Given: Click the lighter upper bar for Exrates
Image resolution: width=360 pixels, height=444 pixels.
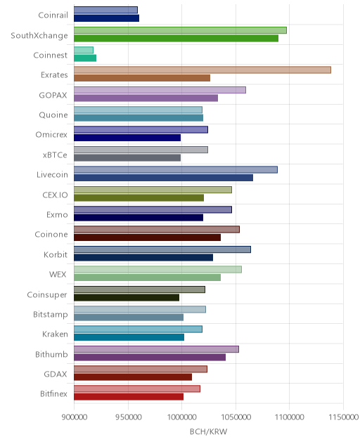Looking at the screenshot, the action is click(x=202, y=70).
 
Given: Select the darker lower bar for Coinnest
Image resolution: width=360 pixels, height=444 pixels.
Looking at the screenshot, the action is click(x=85, y=58).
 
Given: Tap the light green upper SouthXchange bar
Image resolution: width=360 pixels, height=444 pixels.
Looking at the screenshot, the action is click(x=180, y=30).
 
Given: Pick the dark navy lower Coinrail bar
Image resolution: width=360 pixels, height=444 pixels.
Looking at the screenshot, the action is click(x=107, y=18).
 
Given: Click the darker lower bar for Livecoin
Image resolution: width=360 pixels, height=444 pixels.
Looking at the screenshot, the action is click(x=164, y=178).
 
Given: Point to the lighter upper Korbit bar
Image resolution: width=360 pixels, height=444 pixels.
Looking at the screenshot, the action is click(x=162, y=249).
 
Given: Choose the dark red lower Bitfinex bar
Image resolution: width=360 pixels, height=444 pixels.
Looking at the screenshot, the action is click(x=129, y=397).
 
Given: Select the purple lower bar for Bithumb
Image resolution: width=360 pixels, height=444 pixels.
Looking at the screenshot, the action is click(x=150, y=357).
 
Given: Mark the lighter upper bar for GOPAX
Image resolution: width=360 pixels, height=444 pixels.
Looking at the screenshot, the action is click(x=160, y=90).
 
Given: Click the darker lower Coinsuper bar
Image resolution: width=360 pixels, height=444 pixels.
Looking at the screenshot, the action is click(x=127, y=297).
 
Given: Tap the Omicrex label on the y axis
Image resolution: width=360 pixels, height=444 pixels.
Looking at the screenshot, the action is click(x=51, y=134).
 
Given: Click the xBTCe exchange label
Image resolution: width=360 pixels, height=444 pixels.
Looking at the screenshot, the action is click(x=55, y=155).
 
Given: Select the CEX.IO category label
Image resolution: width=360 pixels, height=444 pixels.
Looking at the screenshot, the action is click(x=55, y=195).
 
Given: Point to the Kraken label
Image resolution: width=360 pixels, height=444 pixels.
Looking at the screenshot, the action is click(x=55, y=334).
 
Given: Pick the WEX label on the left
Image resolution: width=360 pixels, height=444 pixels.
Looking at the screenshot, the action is click(x=58, y=275).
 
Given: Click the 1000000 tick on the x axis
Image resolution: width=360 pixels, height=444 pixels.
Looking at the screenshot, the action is click(x=181, y=417).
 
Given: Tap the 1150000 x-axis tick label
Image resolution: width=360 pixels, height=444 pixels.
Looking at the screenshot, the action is click(x=343, y=417).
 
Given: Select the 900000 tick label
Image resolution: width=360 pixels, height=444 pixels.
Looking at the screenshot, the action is click(x=75, y=417).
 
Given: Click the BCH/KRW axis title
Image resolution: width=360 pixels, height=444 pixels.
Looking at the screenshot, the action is click(x=208, y=431).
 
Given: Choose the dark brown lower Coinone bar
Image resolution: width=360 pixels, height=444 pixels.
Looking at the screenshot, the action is click(x=148, y=237).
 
